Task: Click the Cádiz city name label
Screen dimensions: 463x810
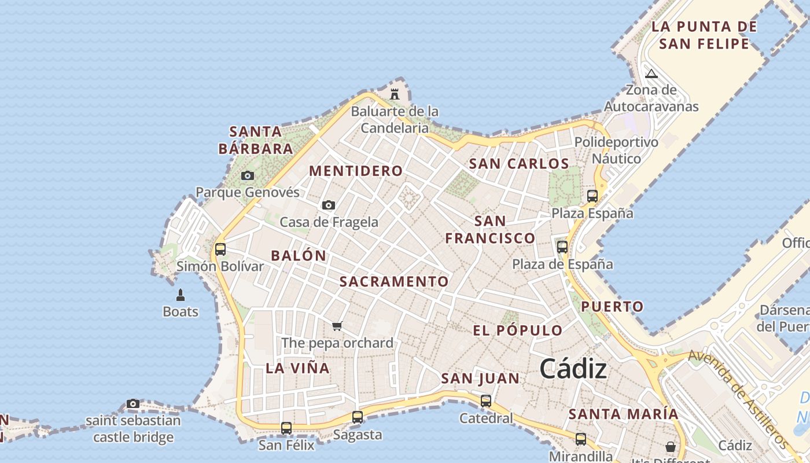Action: tap(573, 369)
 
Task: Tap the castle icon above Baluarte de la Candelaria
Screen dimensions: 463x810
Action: tap(395, 93)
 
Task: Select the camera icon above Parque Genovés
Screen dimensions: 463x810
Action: tap(248, 175)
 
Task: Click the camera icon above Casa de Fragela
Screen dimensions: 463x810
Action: tap(329, 205)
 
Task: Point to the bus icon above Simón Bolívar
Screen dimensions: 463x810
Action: tap(220, 249)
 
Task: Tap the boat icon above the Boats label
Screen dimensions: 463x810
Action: tap(181, 295)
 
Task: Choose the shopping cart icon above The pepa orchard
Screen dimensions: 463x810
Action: tap(337, 326)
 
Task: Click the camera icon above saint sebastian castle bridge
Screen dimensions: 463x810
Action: tap(133, 403)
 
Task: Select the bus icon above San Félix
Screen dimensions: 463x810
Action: tap(286, 428)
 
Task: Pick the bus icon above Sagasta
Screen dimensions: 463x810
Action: tap(358, 417)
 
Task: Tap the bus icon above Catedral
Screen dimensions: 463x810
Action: tap(486, 400)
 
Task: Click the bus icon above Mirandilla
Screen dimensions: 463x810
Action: tap(581, 439)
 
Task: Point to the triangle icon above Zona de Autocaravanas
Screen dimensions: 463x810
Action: tap(651, 74)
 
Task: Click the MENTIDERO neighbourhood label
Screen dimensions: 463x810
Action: tap(356, 171)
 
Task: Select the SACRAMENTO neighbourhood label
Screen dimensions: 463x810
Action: tap(394, 282)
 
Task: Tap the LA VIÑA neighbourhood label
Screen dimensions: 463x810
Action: tap(297, 368)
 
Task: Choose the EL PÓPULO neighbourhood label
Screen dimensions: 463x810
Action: tap(518, 330)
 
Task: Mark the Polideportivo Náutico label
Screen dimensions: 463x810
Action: tap(616, 150)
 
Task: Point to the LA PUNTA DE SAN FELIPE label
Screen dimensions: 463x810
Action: tap(704, 35)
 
